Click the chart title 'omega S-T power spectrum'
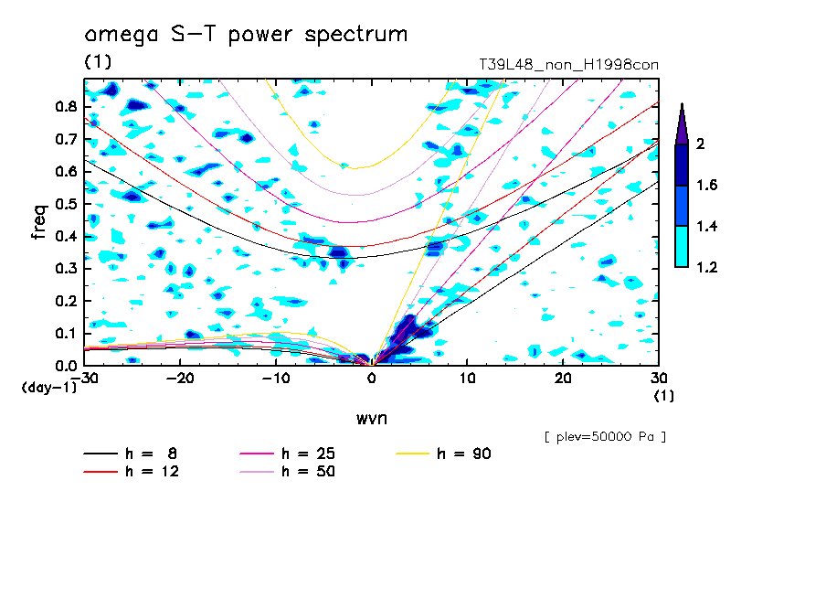(245, 36)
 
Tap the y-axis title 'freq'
(39, 221)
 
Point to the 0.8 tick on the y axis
(64, 106)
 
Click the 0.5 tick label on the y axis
(64, 204)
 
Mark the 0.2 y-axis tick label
(64, 301)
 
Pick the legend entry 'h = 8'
(138, 454)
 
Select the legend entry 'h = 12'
(138, 472)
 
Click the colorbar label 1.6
(706, 186)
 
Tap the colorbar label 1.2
(706, 267)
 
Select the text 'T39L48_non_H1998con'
(568, 65)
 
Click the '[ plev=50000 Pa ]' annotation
(605, 437)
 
